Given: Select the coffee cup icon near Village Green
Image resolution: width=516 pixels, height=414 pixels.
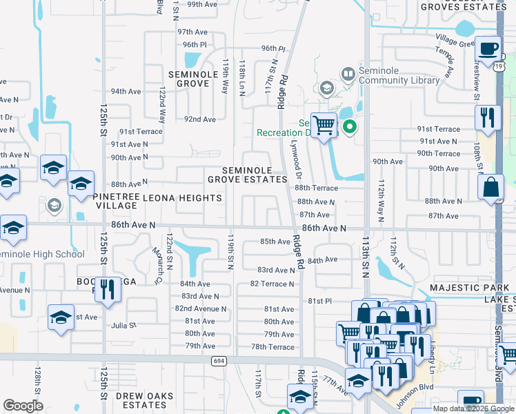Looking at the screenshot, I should point(489,50).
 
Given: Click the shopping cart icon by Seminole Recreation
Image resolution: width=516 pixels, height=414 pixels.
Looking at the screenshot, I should point(323,126).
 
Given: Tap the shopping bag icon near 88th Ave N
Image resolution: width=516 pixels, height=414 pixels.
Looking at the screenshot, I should point(490,188).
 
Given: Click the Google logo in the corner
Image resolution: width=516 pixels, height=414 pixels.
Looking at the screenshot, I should point(23,406).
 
